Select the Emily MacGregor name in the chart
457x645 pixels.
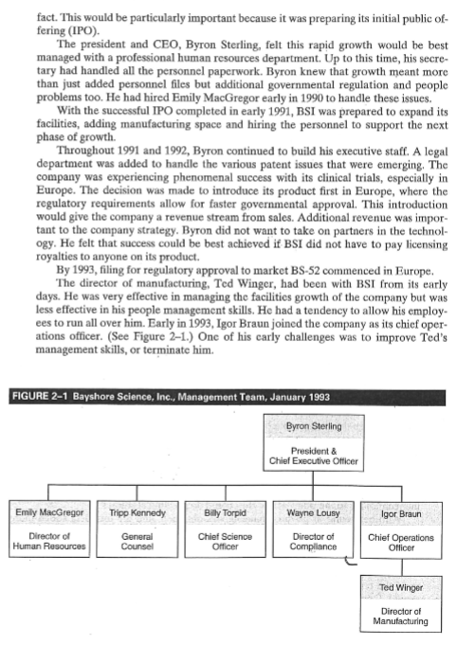[x=52, y=512]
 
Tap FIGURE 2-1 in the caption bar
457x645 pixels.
[x=36, y=395]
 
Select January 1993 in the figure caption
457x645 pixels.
[x=291, y=395]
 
